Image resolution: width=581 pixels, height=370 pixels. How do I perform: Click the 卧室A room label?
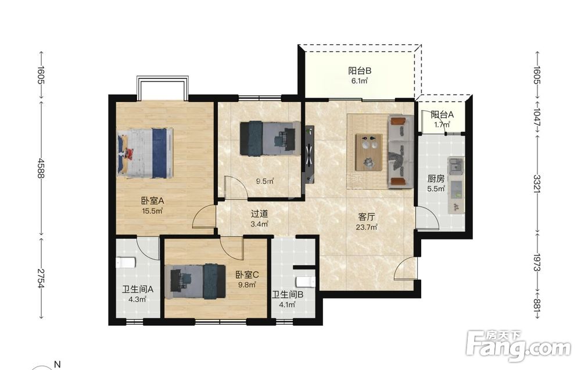[x=152, y=201]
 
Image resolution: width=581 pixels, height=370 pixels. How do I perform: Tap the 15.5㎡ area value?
[x=152, y=211]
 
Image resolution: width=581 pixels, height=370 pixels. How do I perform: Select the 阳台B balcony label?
[x=360, y=70]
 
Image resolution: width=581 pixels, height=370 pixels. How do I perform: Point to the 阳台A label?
[x=442, y=115]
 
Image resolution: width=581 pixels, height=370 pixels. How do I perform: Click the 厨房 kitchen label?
[x=436, y=179]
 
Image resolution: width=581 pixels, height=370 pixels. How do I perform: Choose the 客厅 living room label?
[x=367, y=217]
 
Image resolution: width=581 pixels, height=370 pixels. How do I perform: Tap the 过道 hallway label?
[x=259, y=214]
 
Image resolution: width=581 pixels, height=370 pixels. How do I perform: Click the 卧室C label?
[x=247, y=275]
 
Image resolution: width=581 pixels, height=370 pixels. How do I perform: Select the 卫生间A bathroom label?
[x=138, y=289]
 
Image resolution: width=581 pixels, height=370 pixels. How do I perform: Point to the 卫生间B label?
[x=288, y=295]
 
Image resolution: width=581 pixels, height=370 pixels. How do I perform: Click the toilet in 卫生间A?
[x=125, y=263]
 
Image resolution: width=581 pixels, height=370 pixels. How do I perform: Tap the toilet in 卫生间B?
[x=306, y=282]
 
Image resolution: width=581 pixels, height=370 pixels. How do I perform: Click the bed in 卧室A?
[x=145, y=153]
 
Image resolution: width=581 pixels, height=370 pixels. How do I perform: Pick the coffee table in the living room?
[x=369, y=152]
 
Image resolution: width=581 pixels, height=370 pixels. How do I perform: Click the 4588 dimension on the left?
[x=41, y=168]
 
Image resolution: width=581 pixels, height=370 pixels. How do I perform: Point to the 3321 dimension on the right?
[x=537, y=184]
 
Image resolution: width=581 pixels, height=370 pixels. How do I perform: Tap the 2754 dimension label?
[x=41, y=279]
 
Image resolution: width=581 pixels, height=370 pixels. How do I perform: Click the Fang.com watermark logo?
[x=518, y=345]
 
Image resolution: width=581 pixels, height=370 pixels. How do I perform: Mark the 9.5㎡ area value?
[x=265, y=181]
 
